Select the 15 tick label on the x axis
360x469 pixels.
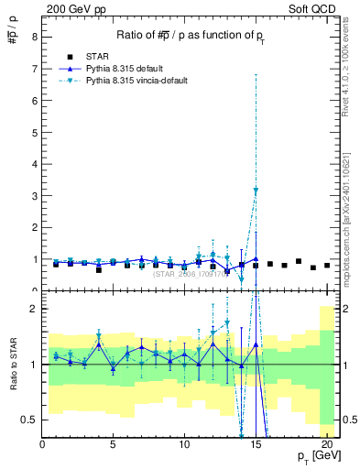[x=256, y=444]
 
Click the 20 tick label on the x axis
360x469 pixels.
[x=327, y=444]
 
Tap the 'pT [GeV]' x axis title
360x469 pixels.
[x=311, y=456]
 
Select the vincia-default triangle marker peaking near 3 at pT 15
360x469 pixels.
[x=256, y=191]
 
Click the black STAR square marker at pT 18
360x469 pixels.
[x=299, y=261]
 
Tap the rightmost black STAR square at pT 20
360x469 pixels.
[x=327, y=266]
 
